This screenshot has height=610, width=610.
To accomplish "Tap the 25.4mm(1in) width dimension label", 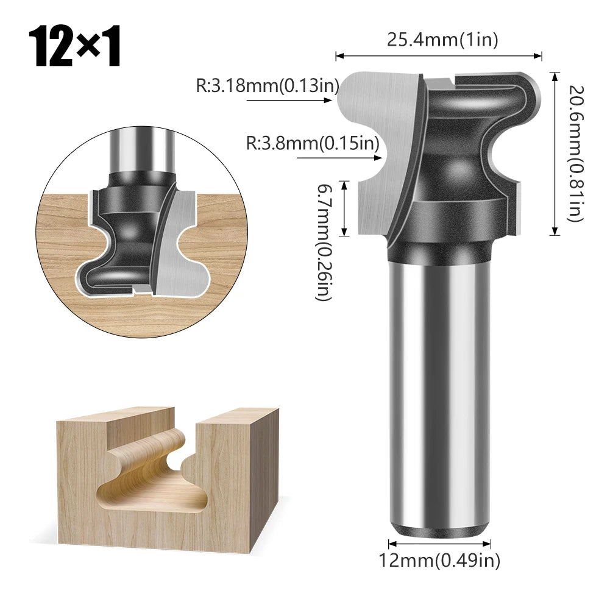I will coord(442,40).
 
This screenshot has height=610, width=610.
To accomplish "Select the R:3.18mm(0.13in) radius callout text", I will coord(267,85).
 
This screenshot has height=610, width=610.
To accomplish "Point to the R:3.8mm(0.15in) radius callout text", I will coord(313,144).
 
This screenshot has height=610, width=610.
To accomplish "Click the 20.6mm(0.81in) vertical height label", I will coord(575,152).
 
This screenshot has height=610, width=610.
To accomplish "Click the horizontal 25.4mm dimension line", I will coord(439,56).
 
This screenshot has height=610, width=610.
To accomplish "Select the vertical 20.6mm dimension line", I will coord(555,152).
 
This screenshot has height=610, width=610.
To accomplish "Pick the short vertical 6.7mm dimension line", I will coord(345,208).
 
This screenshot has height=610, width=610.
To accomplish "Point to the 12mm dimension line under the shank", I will coord(439,542).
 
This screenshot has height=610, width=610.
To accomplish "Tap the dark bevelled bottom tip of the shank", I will coord(439,528).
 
